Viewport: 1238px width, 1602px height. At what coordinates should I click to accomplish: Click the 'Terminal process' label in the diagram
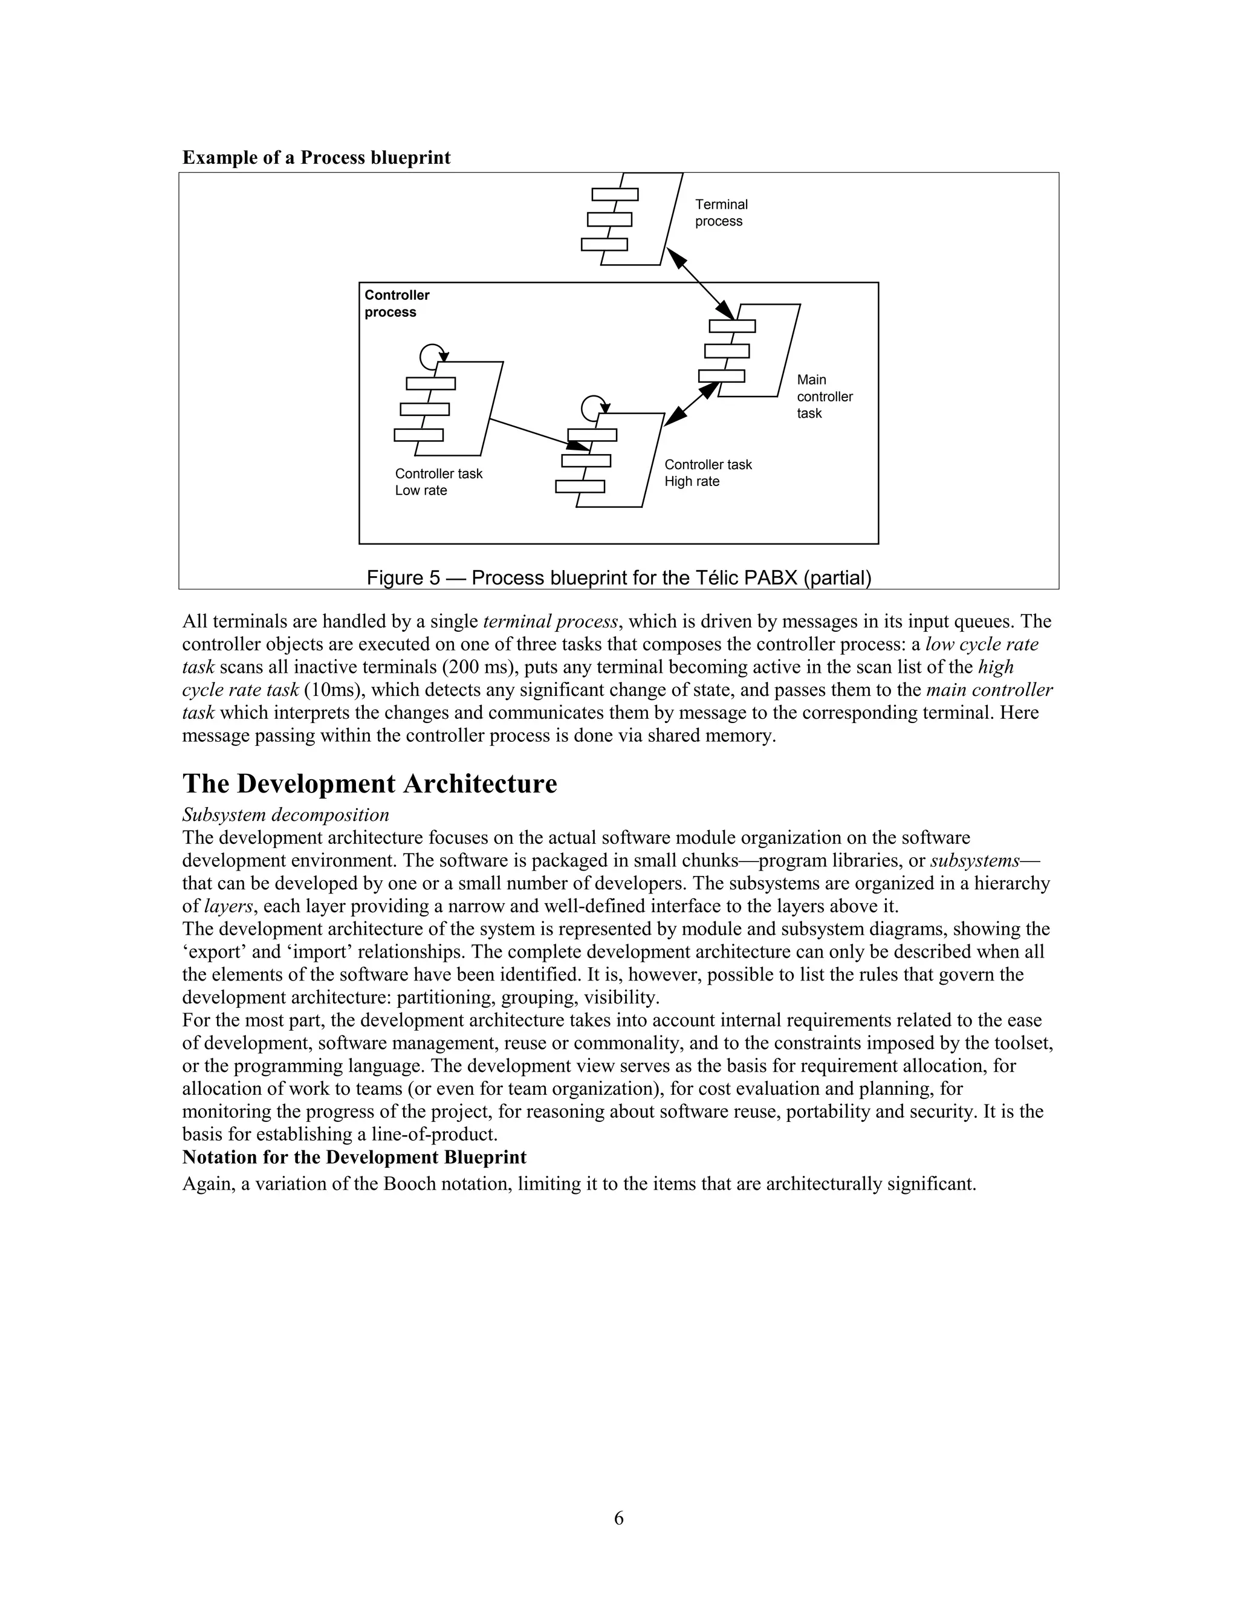tap(721, 213)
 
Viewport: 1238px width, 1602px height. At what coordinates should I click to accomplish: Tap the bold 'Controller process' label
tap(396, 303)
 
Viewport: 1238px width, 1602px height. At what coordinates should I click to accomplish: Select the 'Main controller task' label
tap(825, 396)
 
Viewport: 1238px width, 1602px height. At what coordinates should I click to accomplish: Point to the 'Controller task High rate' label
tap(708, 473)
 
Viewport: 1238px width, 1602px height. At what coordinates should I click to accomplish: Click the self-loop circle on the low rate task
tap(431, 357)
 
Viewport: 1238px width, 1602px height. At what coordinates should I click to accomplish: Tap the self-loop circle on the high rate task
tap(594, 407)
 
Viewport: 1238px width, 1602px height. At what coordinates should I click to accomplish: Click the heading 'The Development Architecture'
tap(369, 784)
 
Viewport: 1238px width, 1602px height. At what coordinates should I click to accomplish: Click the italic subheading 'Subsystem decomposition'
tap(285, 815)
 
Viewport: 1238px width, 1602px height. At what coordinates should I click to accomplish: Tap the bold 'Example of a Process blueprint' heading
tap(316, 158)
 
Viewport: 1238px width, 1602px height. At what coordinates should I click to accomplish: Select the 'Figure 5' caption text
tap(618, 578)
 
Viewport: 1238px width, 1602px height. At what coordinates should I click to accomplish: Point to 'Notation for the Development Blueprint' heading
tap(354, 1158)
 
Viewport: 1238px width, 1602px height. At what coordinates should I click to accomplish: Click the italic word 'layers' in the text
tap(227, 907)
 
